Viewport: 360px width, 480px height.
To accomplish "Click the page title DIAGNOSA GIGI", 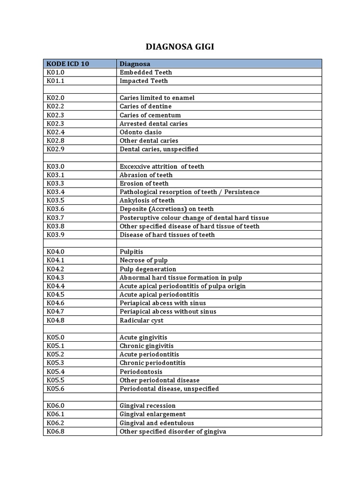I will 180,46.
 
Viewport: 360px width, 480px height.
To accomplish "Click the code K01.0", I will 55,72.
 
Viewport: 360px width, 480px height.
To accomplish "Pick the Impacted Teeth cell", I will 143,81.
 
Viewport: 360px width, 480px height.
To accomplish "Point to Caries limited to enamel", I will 157,98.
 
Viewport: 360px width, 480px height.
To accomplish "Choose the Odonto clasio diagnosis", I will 141,132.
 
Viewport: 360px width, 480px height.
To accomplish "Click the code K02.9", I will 55,149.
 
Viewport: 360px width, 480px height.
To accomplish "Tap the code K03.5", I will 55,201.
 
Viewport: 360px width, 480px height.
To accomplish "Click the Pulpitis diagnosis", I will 131,252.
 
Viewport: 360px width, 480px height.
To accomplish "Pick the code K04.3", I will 55,277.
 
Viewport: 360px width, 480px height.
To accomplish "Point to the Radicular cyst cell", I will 141,320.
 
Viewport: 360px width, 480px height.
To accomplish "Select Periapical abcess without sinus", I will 168,312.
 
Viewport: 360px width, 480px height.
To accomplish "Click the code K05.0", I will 55,337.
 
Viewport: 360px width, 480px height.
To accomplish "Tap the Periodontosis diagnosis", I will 141,372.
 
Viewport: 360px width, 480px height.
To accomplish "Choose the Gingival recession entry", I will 147,405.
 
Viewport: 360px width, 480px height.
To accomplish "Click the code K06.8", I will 55,431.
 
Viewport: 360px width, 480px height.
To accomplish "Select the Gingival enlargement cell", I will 152,414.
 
